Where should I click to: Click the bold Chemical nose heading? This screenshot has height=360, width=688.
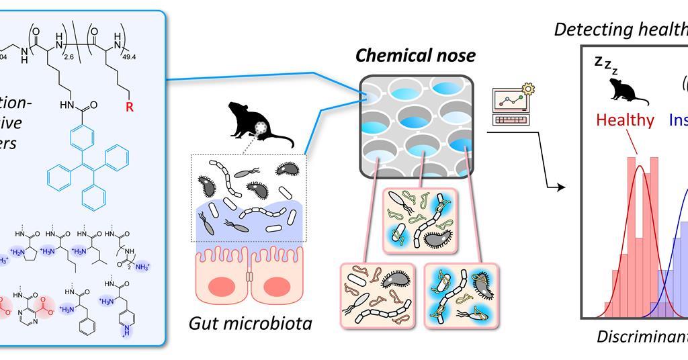click(415, 56)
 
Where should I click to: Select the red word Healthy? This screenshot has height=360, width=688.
click(625, 120)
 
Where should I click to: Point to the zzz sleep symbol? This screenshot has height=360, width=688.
click(603, 66)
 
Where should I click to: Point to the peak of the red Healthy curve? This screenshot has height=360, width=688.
click(639, 166)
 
